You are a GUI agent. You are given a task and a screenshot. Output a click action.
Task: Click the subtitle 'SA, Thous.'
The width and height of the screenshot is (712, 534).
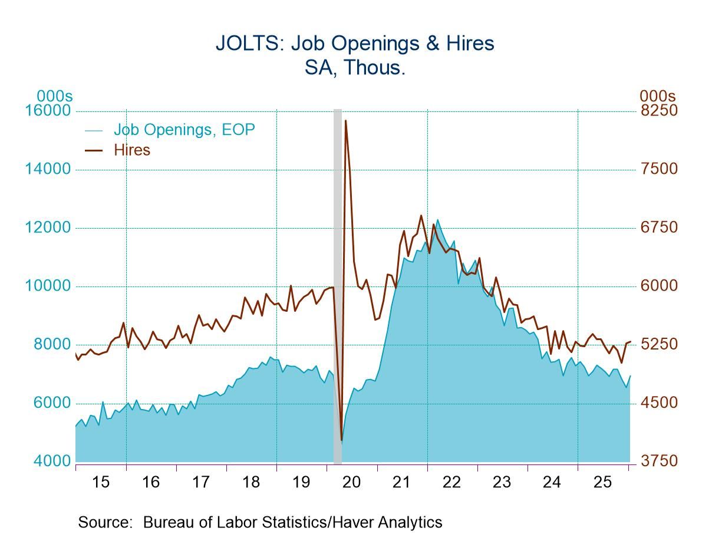(355, 67)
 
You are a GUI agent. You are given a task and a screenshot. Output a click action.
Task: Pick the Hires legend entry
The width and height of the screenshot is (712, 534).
(132, 150)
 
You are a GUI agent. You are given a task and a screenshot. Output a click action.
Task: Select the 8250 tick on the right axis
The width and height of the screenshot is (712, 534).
(658, 111)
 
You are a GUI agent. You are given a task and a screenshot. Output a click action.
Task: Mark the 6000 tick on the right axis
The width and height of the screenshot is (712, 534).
(658, 286)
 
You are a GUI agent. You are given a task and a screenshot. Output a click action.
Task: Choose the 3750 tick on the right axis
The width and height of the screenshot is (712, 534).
(658, 461)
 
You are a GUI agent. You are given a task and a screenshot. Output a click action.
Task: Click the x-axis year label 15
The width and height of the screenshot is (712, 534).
(101, 482)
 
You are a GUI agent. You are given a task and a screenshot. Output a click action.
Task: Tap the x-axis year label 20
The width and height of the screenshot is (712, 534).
(351, 482)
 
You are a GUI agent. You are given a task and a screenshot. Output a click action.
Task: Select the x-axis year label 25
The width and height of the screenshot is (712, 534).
(602, 482)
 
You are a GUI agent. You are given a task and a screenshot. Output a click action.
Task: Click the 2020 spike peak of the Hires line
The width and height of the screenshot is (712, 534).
(345, 121)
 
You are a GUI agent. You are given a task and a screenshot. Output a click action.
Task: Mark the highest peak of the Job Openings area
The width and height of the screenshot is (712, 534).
(437, 220)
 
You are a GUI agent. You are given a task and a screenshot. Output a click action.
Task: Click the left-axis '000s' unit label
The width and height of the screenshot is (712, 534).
(54, 95)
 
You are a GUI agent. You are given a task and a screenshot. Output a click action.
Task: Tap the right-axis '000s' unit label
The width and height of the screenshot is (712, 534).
(657, 95)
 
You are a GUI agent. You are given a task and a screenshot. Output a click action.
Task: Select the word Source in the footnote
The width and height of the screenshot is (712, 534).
(104, 522)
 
